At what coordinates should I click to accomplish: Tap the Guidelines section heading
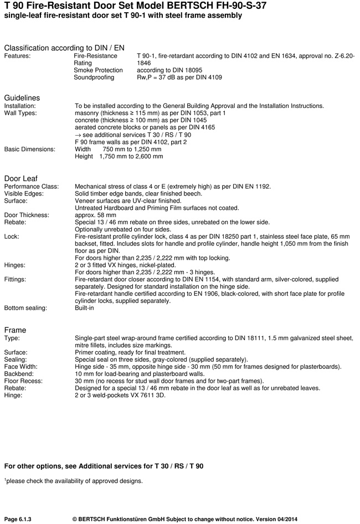(22, 97)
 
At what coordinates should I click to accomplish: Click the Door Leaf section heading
(21, 178)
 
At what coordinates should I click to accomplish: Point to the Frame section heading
(15, 330)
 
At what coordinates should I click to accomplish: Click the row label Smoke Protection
(98, 70)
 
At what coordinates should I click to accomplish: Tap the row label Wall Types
(20, 113)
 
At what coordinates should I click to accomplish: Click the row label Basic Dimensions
(30, 149)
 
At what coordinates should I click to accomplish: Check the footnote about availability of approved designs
(74, 481)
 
